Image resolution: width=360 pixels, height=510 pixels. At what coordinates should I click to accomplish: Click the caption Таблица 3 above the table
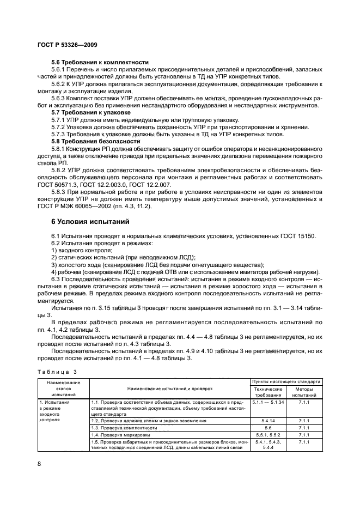coord(56,372)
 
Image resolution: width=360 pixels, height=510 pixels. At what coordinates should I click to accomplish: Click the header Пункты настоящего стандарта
coord(286,381)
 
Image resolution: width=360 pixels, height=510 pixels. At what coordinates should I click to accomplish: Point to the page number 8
coord(39,463)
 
